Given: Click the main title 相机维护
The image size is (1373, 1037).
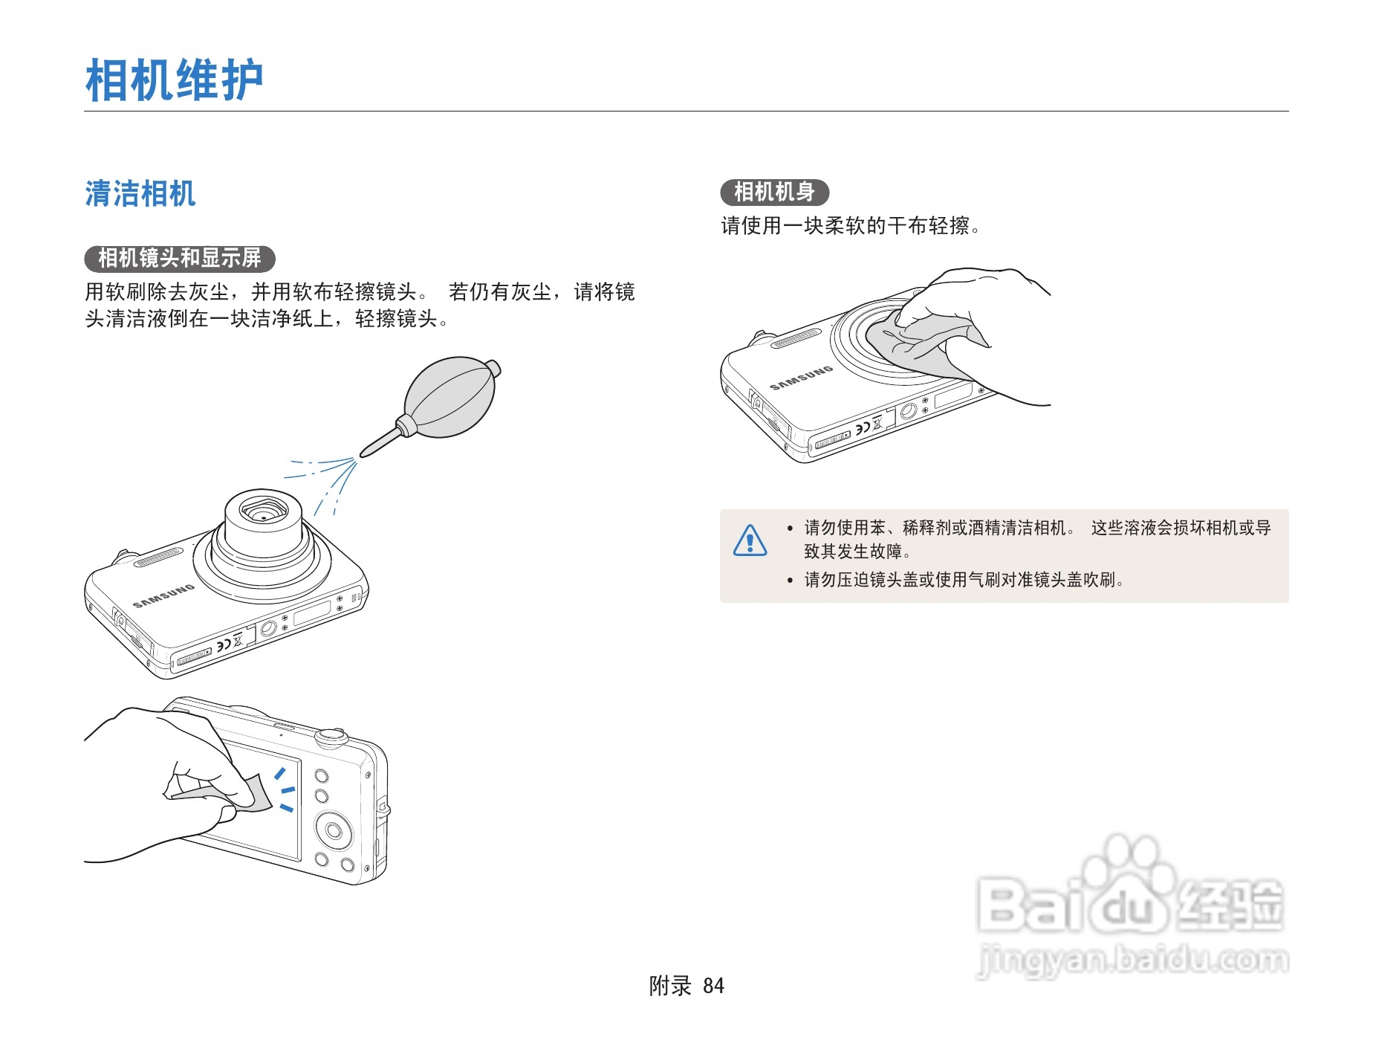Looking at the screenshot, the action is coord(174,80).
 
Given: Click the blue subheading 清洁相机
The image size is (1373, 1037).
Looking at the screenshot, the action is coord(140,194).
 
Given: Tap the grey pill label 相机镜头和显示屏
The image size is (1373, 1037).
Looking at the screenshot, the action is coord(180,259).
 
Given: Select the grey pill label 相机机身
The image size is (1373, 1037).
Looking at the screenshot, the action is coord(774,192).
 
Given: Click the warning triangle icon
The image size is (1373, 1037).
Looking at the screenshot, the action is coord(750,540).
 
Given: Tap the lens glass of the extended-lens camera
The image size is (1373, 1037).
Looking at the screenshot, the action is coord(264,513).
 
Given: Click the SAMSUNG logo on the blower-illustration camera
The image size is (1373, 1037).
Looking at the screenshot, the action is coord(163,596).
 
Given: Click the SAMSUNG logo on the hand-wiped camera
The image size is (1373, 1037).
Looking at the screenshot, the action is coord(801,378).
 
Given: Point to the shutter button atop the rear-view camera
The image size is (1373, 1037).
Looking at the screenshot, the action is coord(331,737).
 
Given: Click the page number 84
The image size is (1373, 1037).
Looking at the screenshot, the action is coord(713,986).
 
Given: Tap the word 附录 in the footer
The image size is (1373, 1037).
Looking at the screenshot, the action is coord(670,986).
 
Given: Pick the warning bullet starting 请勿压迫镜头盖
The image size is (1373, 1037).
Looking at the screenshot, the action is coord(964,580).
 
